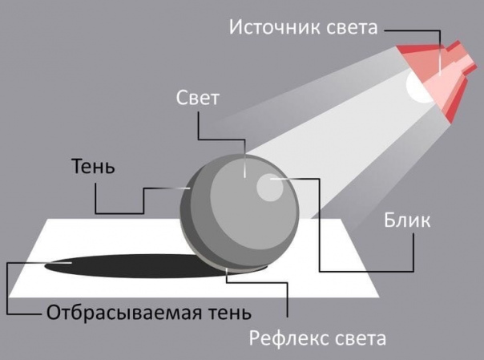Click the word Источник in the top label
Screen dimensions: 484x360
pyautogui.click(x=275, y=27)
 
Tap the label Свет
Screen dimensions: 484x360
pyautogui.click(x=198, y=98)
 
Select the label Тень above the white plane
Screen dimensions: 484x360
pyautogui.click(x=93, y=166)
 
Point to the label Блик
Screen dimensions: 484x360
pyautogui.click(x=407, y=220)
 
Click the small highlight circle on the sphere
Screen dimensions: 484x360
pyautogui.click(x=269, y=188)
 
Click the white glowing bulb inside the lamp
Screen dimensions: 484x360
pyautogui.click(x=417, y=88)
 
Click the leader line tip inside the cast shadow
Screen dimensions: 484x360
pyautogui.click(x=71, y=263)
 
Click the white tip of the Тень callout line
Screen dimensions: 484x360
pyautogui.click(x=189, y=188)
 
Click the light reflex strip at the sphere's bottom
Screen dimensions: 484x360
pyautogui.click(x=235, y=267)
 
